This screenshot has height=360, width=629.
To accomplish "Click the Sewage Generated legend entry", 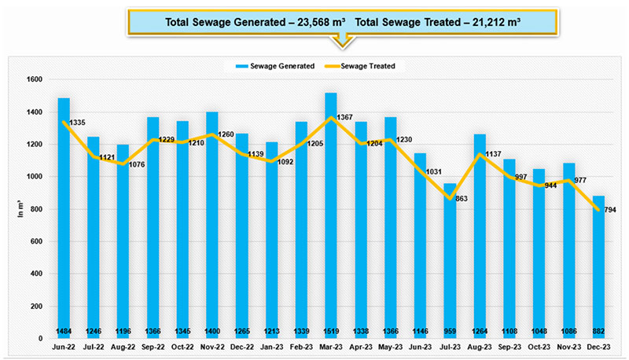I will (x=280, y=66).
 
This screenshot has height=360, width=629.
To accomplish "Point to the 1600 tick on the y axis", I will (x=34, y=79).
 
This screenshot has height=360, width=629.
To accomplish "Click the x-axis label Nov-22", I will (x=212, y=346).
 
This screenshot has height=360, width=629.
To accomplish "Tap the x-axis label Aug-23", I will (x=479, y=346).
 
